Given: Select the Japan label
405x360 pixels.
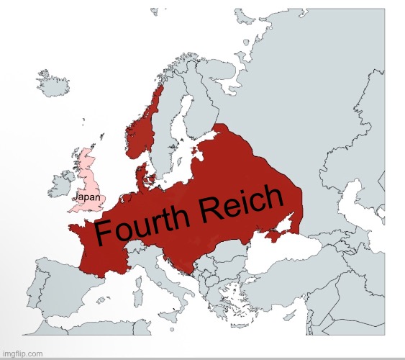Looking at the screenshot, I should click(x=86, y=197).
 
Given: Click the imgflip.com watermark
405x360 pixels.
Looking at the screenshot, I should click(x=24, y=354).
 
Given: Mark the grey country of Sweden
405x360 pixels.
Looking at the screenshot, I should click(x=167, y=137).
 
